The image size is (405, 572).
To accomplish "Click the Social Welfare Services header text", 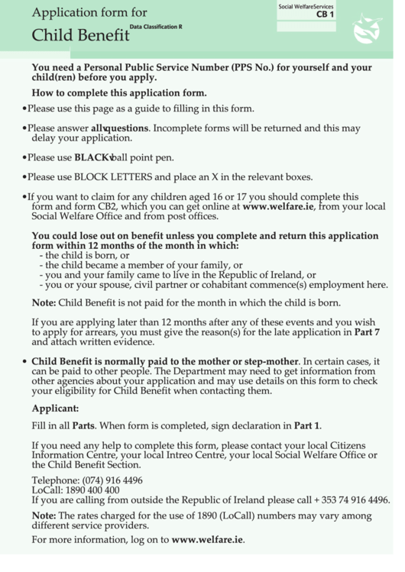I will (306, 6).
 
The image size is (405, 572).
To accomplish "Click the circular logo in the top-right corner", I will (368, 29).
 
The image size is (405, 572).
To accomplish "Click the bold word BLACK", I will (92, 158).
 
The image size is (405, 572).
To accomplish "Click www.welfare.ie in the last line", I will (207, 540).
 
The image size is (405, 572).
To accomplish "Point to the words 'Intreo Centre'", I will (194, 454).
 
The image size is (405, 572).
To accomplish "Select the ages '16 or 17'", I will (239, 196).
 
